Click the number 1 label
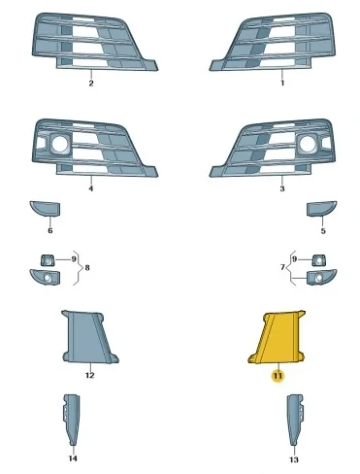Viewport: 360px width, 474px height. [282, 85]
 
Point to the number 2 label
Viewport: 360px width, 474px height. [90, 85]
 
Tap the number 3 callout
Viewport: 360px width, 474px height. [282, 189]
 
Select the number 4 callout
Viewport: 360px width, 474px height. [90, 189]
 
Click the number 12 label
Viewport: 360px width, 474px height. [89, 374]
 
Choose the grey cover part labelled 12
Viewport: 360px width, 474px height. [89, 337]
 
